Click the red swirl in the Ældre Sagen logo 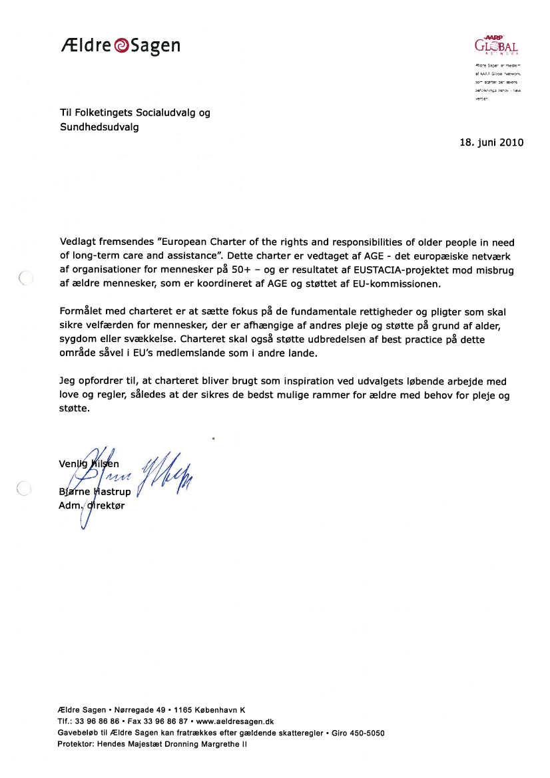(x=122, y=46)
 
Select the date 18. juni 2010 (x=491, y=142)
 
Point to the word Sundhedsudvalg (x=99, y=127)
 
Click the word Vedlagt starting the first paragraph (x=79, y=243)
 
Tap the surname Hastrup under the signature (x=111, y=492)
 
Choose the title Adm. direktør (x=91, y=506)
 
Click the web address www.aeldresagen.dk (x=236, y=721)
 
